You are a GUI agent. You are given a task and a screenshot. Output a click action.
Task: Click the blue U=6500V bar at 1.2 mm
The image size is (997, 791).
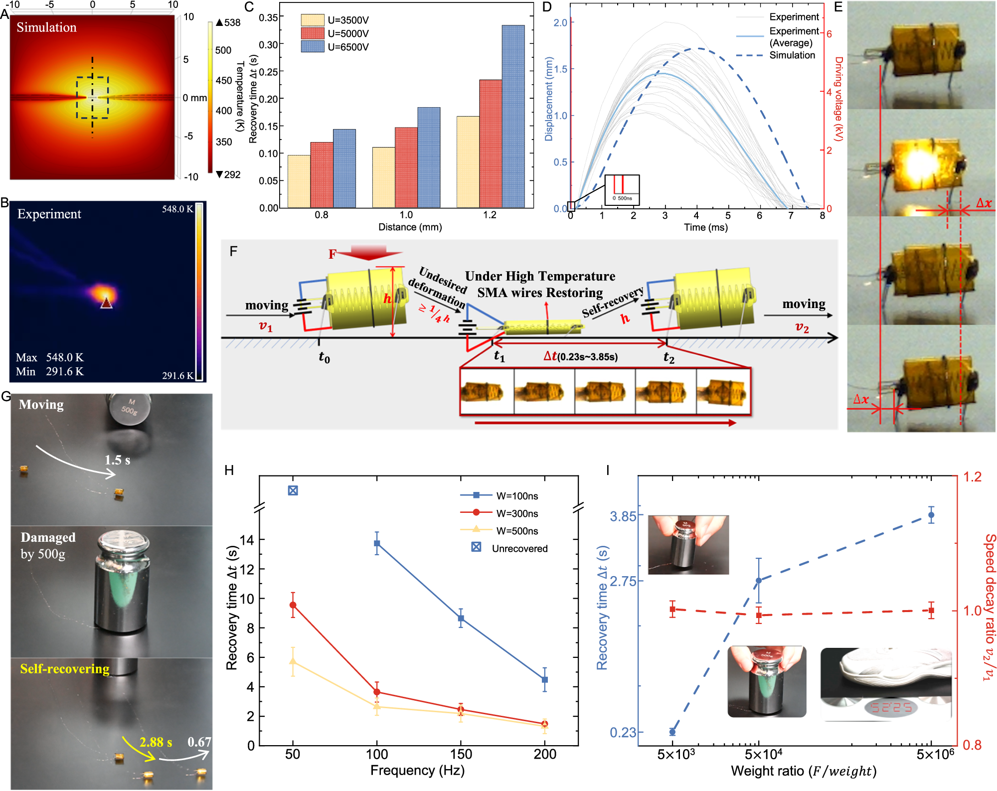(x=513, y=117)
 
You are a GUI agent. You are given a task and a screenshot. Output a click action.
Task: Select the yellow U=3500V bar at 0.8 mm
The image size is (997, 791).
(x=299, y=181)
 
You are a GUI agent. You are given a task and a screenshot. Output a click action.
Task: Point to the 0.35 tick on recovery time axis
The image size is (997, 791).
(x=268, y=17)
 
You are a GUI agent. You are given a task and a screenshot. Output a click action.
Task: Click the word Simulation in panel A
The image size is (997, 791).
(x=46, y=27)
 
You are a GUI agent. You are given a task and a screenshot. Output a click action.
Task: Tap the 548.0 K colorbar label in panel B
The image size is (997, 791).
(x=177, y=209)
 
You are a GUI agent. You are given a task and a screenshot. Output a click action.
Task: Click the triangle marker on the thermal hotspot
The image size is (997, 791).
(x=107, y=303)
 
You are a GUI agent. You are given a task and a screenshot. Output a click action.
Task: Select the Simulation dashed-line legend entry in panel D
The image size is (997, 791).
(x=792, y=55)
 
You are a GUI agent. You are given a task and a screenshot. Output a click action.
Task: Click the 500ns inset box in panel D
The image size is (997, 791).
(x=622, y=189)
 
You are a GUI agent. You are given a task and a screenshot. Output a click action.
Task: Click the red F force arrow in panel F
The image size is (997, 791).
(x=368, y=252)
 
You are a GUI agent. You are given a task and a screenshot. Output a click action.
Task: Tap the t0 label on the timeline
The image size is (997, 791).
(x=324, y=357)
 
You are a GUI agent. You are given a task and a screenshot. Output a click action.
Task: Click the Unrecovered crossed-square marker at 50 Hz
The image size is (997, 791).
(x=293, y=490)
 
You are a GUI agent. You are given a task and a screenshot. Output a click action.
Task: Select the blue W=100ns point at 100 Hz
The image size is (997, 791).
(x=377, y=543)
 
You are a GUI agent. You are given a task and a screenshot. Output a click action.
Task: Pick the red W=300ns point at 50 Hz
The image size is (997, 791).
(x=293, y=605)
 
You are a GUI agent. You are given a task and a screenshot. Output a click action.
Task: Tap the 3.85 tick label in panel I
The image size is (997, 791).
(x=623, y=516)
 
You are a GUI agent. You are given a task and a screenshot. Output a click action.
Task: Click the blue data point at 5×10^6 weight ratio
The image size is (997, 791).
(x=931, y=515)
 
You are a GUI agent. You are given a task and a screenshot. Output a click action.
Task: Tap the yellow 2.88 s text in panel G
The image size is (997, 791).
(x=156, y=742)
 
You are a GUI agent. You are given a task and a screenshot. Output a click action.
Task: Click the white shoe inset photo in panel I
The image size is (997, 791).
(x=885, y=684)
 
